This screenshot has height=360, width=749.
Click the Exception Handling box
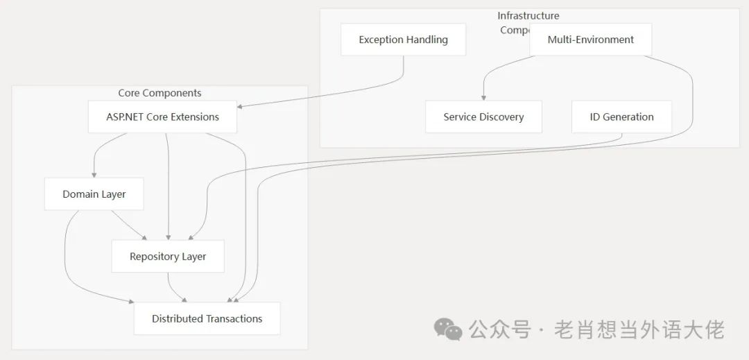tap(403, 40)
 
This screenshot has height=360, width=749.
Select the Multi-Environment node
tap(590, 40)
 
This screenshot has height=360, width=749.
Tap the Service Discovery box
tap(483, 117)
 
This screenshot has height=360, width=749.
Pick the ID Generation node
tap(621, 117)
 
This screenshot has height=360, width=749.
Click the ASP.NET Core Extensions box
tap(162, 117)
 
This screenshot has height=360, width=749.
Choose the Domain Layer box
tap(94, 194)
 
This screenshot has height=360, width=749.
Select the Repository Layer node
tap(168, 256)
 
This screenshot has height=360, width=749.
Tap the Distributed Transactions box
tap(207, 318)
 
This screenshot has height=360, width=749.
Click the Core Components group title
tap(160, 93)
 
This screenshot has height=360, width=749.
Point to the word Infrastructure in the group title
tap(528, 16)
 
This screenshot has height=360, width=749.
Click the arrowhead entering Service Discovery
tap(483, 98)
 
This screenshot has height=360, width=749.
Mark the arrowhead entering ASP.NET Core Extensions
tap(241, 106)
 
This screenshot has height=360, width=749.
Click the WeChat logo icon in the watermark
tap(448, 329)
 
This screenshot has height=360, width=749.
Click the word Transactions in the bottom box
tap(234, 318)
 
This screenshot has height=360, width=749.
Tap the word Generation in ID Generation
tap(628, 117)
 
